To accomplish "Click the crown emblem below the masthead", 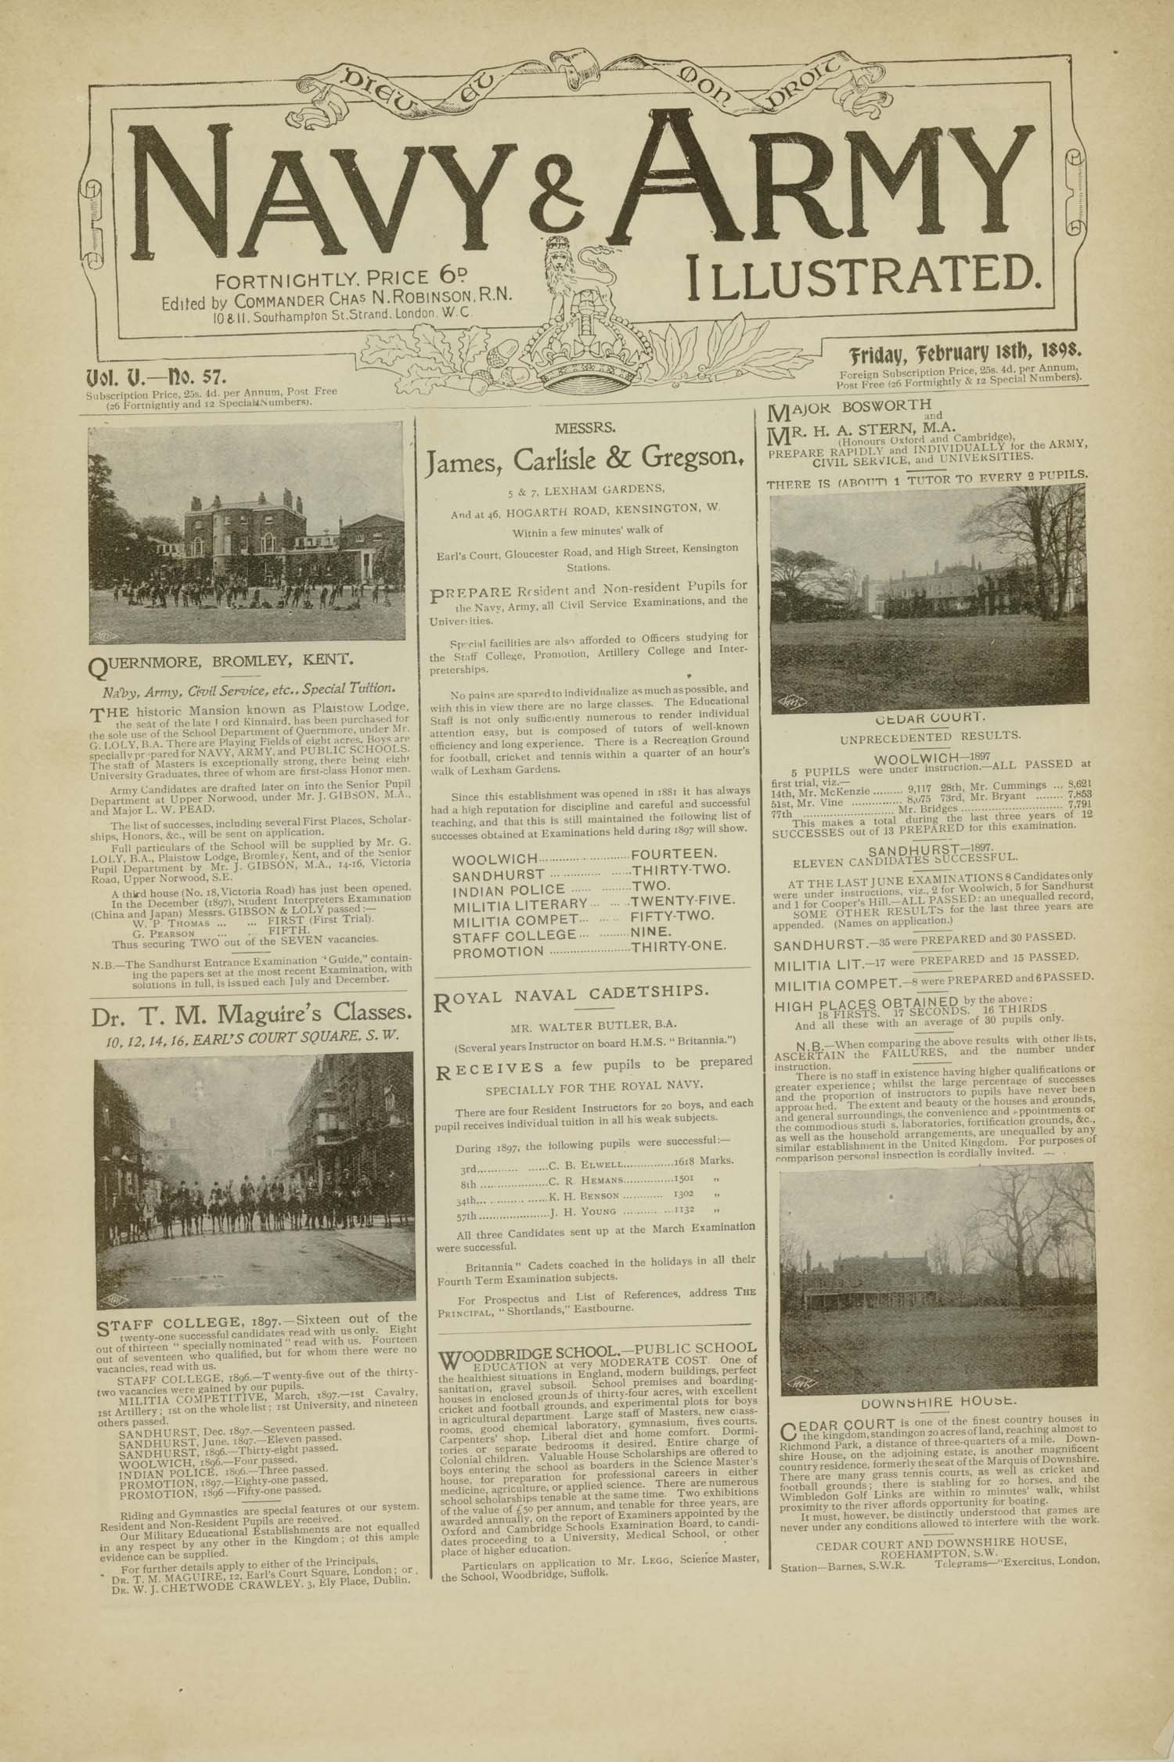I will coord(583,319).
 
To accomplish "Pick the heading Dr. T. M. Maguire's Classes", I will coord(251,1014).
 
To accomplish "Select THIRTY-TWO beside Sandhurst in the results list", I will coord(681,871).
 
